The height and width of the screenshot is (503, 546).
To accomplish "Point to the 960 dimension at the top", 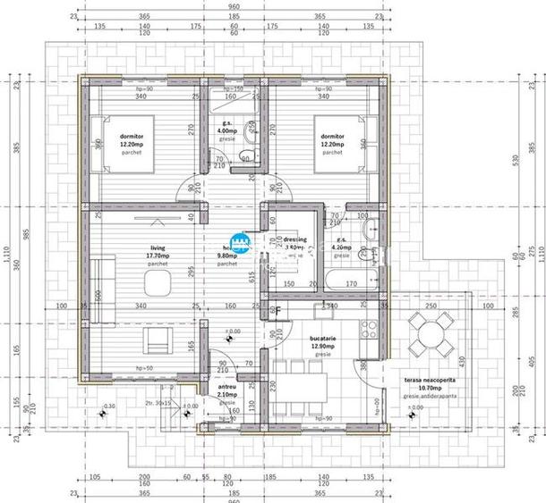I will point(235,4).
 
